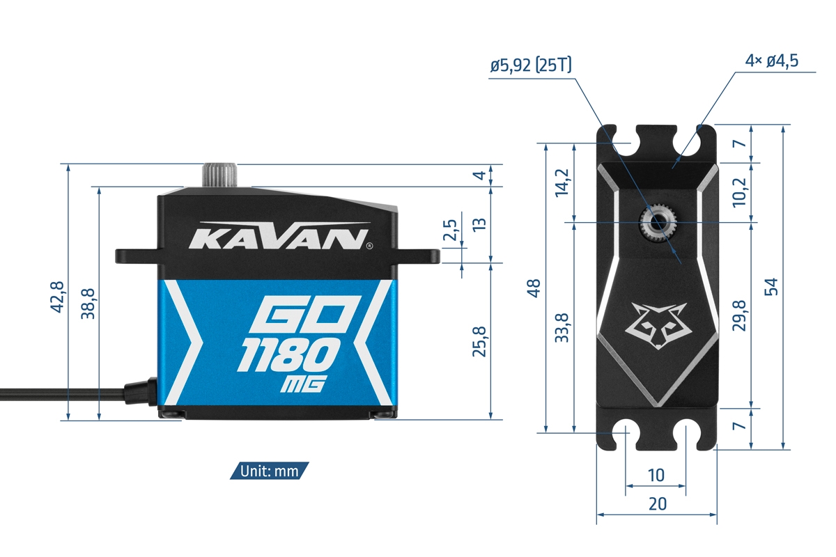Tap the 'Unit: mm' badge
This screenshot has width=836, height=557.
tap(269, 471)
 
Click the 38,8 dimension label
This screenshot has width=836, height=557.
tap(88, 304)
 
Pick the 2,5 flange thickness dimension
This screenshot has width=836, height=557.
tap(451, 230)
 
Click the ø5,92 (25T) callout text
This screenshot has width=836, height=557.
tap(531, 66)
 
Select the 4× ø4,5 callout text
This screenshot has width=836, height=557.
tap(771, 61)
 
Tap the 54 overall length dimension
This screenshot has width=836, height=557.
tap(771, 287)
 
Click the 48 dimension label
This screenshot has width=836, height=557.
tap(534, 288)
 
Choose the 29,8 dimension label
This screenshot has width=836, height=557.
tap(740, 315)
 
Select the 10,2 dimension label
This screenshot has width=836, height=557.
tap(740, 192)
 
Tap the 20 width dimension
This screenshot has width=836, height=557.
tap(657, 504)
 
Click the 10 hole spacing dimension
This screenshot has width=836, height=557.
tap(656, 476)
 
